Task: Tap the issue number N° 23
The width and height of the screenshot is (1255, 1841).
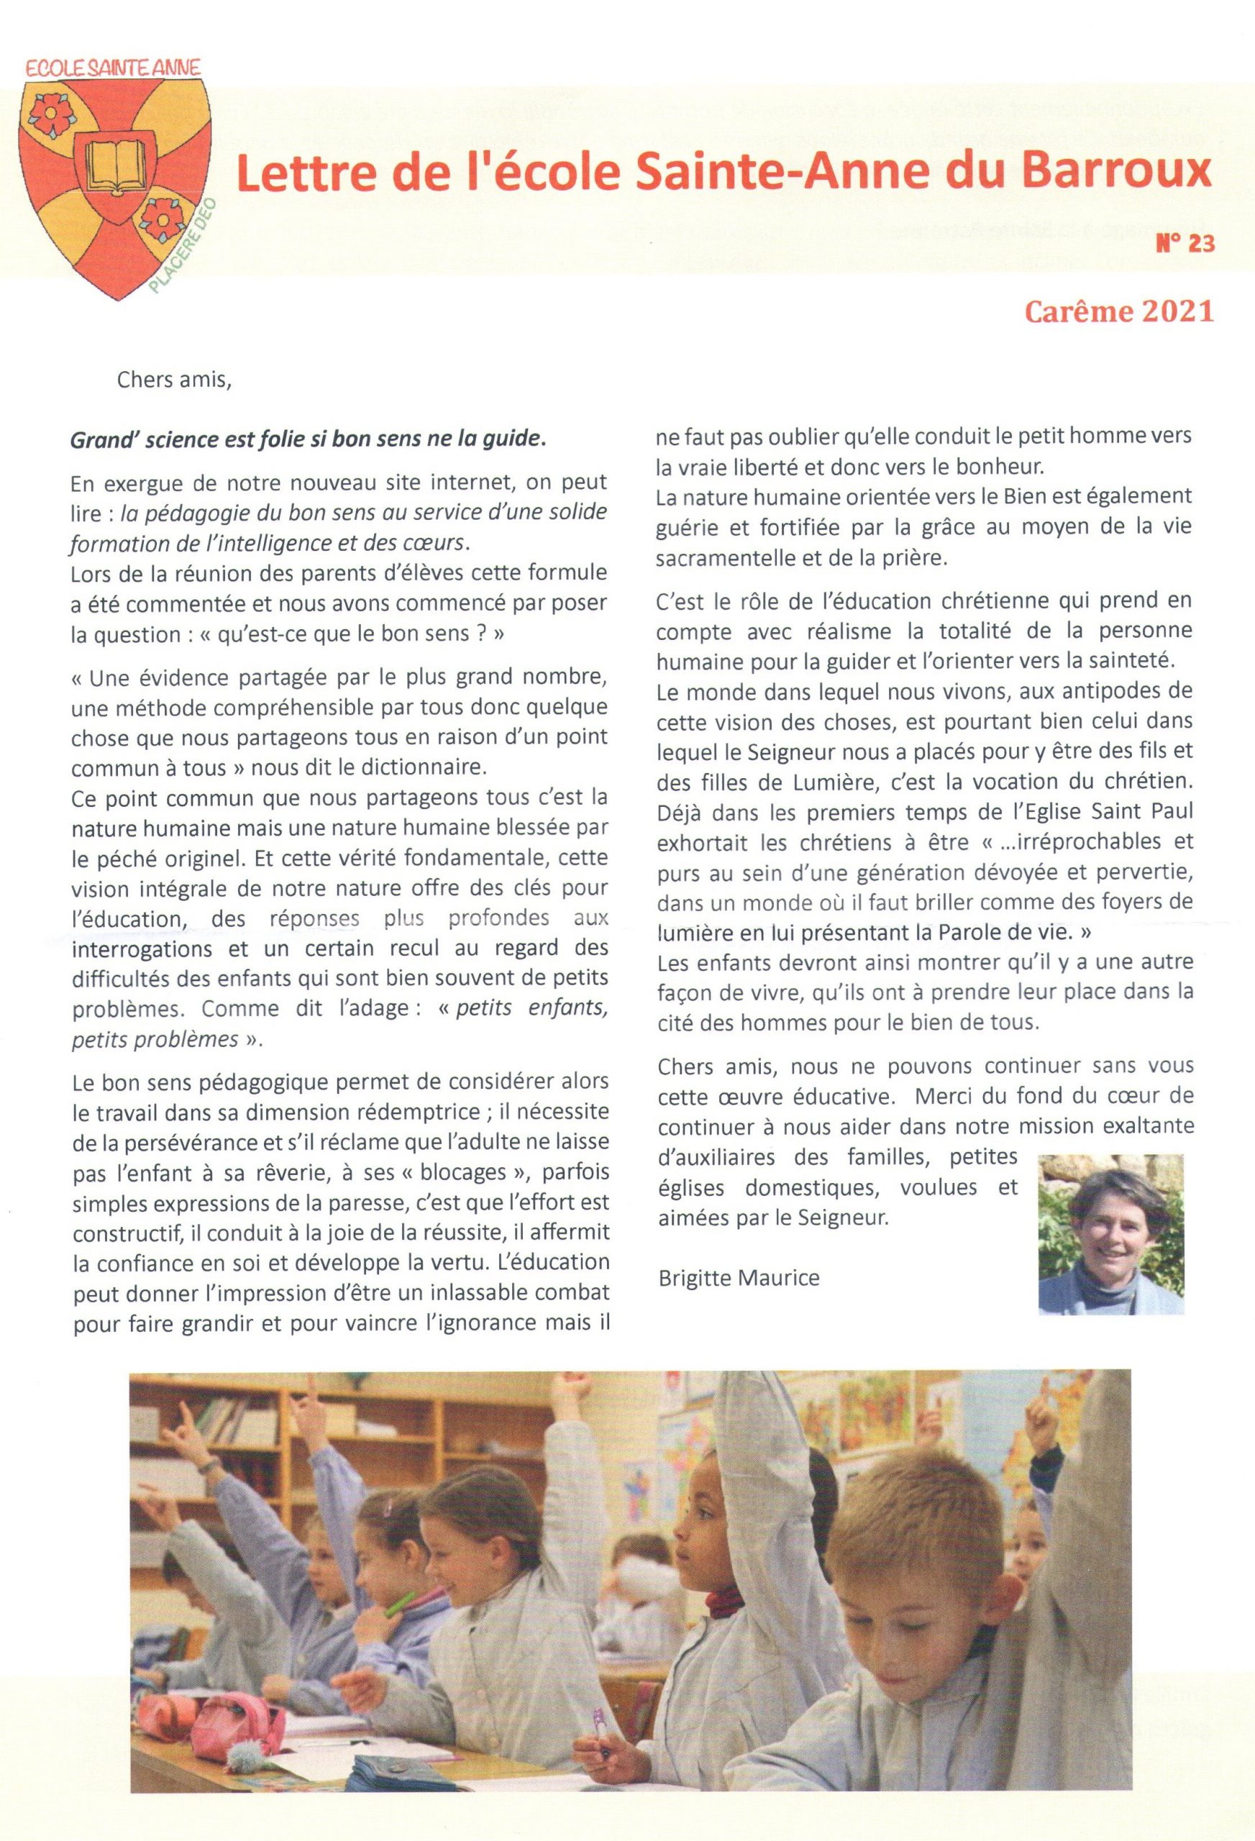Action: click(1185, 245)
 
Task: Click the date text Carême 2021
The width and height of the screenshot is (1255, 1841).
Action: click(1119, 311)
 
